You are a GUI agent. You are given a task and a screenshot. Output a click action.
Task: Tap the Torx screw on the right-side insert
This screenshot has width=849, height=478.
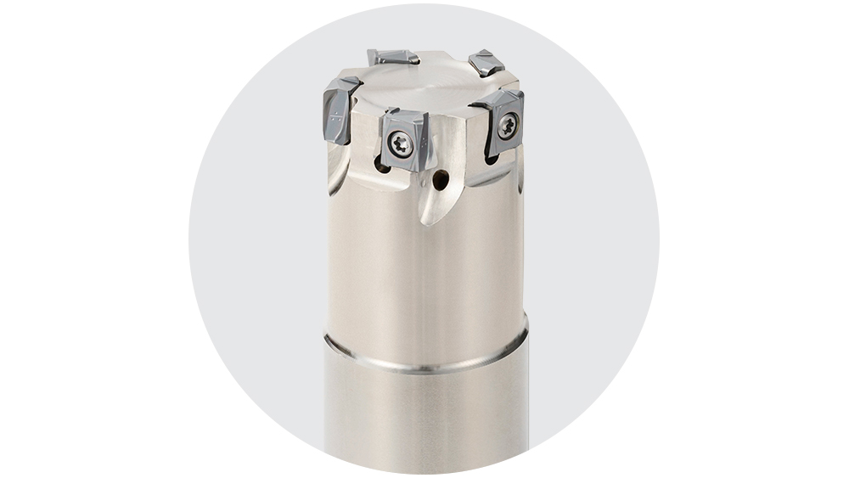507,127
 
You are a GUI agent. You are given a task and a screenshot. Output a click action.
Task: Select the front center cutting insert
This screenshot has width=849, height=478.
402,139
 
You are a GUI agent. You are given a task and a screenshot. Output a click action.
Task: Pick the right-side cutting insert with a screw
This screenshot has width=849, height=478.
503,123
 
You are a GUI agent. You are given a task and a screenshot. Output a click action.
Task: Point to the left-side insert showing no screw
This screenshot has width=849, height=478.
340,110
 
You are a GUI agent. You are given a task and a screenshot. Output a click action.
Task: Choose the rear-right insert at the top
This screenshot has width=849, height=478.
486,63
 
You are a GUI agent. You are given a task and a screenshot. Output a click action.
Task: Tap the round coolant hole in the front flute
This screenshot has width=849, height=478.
440,180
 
